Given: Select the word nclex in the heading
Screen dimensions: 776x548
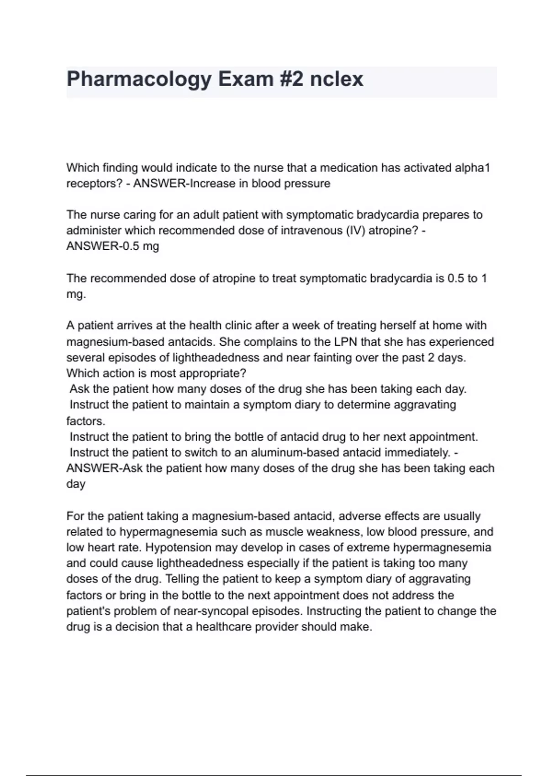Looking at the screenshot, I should pyautogui.click(x=337, y=79).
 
